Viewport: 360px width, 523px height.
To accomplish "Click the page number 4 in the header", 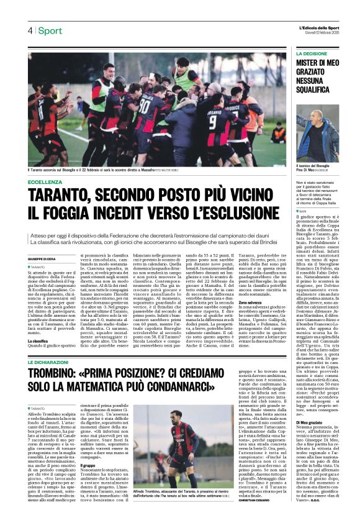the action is (30, 31).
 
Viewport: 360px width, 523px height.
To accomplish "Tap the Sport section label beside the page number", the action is (50, 31).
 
